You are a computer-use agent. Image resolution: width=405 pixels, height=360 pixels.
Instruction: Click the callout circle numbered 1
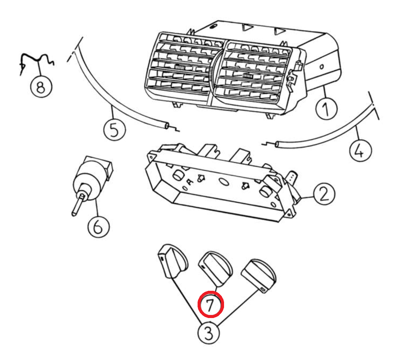(x=326, y=109)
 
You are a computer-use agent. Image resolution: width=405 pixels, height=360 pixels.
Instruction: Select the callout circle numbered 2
(x=324, y=194)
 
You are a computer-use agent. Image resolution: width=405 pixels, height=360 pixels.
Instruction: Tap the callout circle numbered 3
(x=209, y=333)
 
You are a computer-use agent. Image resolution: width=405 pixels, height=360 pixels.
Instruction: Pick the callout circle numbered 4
(x=360, y=151)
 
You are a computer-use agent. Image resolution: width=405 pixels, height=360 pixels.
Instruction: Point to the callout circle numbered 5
(x=114, y=129)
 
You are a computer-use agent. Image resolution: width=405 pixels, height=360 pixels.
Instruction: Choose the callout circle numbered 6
(x=98, y=227)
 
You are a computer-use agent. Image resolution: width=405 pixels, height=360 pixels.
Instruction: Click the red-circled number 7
(x=210, y=304)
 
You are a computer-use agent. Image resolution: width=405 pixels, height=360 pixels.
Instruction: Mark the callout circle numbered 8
(x=41, y=86)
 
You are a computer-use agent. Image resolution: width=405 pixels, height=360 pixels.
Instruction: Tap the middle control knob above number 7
(x=215, y=268)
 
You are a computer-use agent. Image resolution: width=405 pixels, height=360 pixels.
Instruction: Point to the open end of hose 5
(x=167, y=126)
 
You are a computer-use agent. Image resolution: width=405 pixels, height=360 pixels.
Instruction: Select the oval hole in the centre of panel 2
(x=224, y=182)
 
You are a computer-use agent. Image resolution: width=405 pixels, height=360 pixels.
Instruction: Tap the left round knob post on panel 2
(x=178, y=175)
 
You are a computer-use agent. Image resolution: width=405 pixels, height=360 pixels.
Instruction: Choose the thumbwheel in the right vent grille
(x=248, y=76)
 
